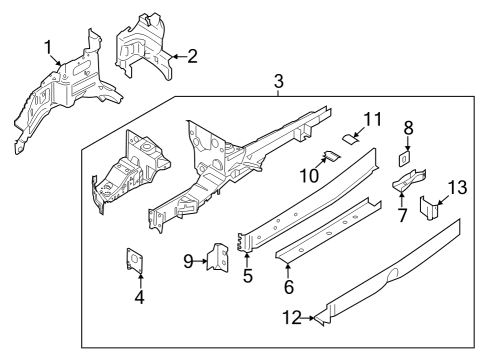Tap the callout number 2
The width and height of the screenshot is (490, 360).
[192, 56]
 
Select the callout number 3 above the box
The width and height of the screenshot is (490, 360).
[279, 80]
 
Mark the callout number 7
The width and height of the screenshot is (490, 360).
[401, 216]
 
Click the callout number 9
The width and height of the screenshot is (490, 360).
[189, 262]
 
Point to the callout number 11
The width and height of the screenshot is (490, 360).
[372, 120]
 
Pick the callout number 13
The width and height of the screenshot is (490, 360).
[457, 187]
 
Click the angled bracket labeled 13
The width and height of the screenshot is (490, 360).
[430, 210]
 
